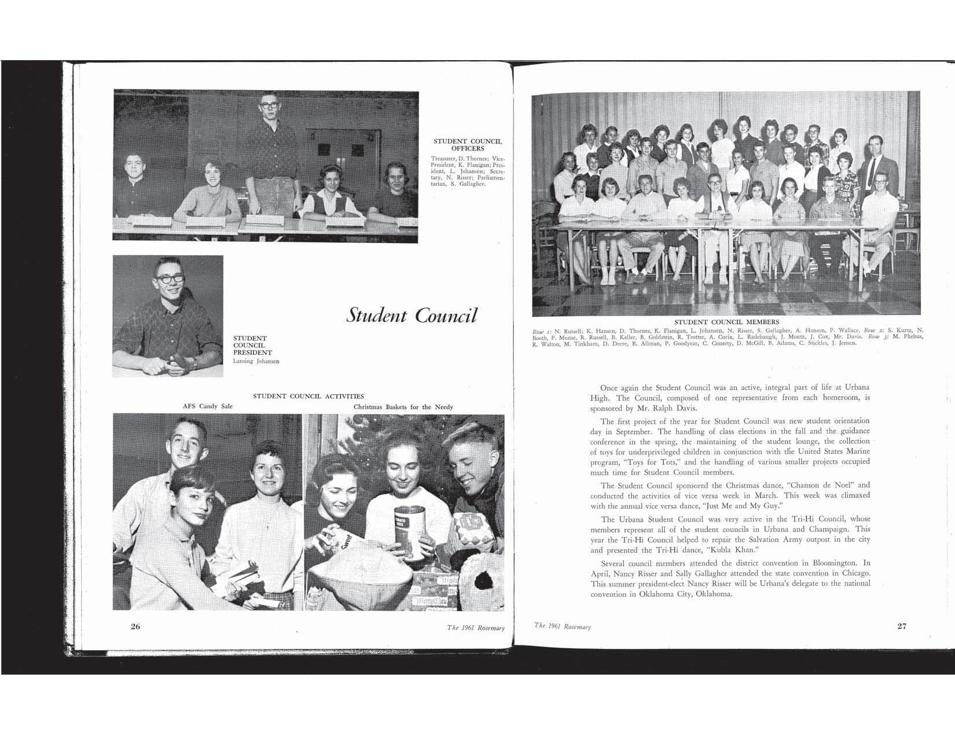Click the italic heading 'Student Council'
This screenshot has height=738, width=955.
coord(412,315)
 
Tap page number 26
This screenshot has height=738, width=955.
coord(135,626)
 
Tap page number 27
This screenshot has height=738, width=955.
coord(901,626)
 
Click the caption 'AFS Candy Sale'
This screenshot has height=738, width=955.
coord(208,406)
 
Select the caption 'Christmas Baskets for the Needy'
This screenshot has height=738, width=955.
coord(403,407)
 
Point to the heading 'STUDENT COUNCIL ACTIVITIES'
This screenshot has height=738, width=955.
coord(308,396)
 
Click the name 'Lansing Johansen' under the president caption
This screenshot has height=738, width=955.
coord(256,362)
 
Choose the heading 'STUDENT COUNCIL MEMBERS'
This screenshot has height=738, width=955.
coord(726,322)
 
